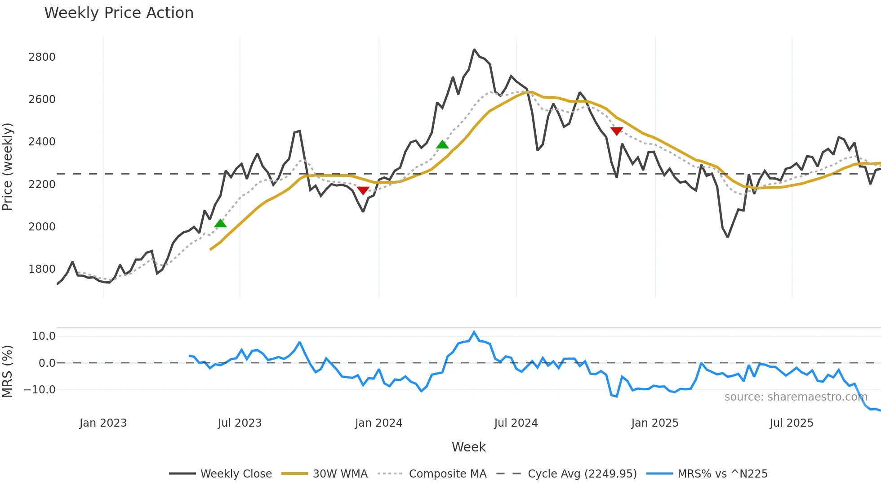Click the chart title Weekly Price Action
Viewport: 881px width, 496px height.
[x=119, y=13]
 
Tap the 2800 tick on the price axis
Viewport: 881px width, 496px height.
[x=42, y=57]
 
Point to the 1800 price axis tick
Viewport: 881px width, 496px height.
[x=42, y=269]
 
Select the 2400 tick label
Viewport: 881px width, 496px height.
[x=42, y=142]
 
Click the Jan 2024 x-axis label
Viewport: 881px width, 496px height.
[x=378, y=423]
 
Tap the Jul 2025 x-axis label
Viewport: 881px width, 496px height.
[x=791, y=423]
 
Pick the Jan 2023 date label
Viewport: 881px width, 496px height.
[x=103, y=423]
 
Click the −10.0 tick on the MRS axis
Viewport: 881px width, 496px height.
[x=40, y=390]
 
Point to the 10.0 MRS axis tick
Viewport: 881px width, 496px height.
[x=44, y=336]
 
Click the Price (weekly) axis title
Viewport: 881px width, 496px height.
[x=8, y=167]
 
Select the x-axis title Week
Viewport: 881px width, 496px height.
[x=468, y=447]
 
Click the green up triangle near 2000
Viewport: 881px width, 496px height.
[x=220, y=223]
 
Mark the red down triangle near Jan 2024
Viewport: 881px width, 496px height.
[x=363, y=191]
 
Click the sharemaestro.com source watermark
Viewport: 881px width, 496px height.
[x=796, y=397]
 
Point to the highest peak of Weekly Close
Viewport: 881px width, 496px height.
[x=474, y=50]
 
